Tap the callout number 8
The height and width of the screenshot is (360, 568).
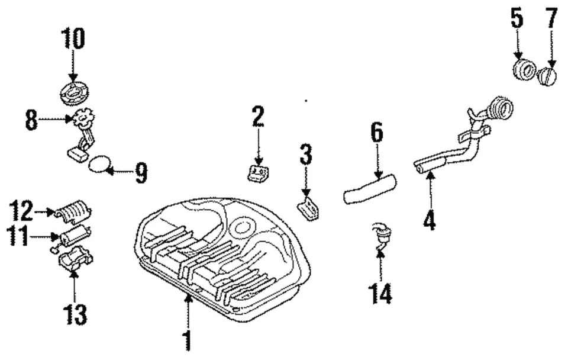(x=31, y=122)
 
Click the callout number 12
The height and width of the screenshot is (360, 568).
(x=21, y=209)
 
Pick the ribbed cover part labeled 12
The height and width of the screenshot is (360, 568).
(x=73, y=211)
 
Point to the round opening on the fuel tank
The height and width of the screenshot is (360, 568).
(x=243, y=227)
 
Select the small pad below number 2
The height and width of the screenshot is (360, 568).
(x=258, y=173)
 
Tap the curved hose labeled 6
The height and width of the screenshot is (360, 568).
(x=370, y=187)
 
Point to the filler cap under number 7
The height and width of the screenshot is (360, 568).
(x=547, y=76)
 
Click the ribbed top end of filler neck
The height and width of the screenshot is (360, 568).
(x=500, y=110)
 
